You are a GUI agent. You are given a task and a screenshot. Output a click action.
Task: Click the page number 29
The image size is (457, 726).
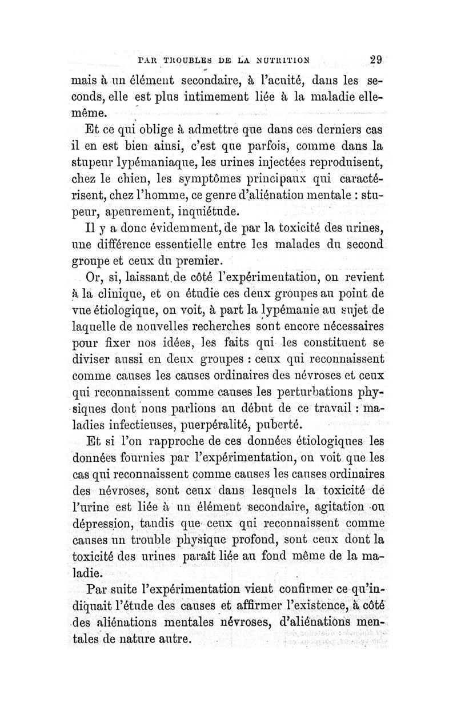tap(375, 58)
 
